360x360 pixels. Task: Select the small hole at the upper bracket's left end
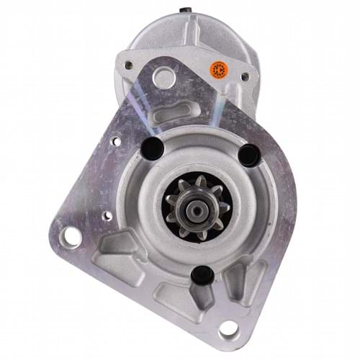(x=128, y=66)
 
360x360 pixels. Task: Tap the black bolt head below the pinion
(x=202, y=273)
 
